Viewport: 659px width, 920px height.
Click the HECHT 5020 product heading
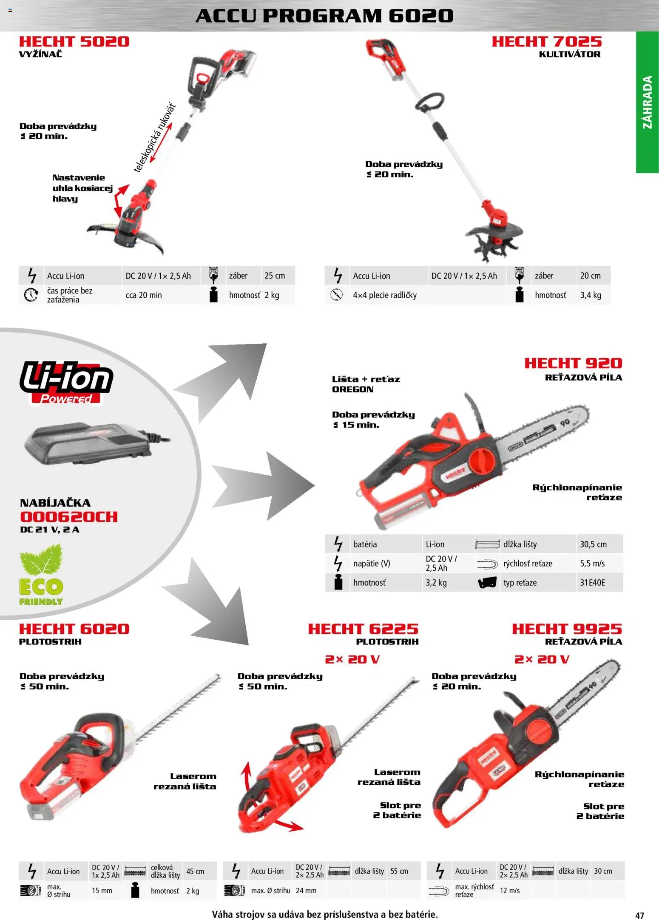(x=74, y=42)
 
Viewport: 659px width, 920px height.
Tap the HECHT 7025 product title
(x=547, y=42)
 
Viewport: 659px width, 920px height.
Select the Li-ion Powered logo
(x=66, y=382)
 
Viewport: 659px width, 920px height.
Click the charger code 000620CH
(x=69, y=517)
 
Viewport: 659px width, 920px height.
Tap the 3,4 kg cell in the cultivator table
(x=591, y=295)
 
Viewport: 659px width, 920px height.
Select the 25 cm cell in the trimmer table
(x=275, y=276)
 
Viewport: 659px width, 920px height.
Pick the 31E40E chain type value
(x=592, y=583)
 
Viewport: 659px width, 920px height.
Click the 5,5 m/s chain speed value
(x=592, y=564)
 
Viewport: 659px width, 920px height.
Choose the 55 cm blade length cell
(x=399, y=871)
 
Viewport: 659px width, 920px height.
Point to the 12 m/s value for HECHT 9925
(x=510, y=891)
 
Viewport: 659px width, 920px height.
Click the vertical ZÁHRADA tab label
(x=647, y=102)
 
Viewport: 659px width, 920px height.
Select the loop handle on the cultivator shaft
(x=430, y=103)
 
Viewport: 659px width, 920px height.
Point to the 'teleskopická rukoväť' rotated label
(x=155, y=138)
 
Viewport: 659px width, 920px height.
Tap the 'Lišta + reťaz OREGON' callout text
(x=366, y=384)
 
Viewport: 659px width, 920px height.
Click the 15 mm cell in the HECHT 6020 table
(x=102, y=891)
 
